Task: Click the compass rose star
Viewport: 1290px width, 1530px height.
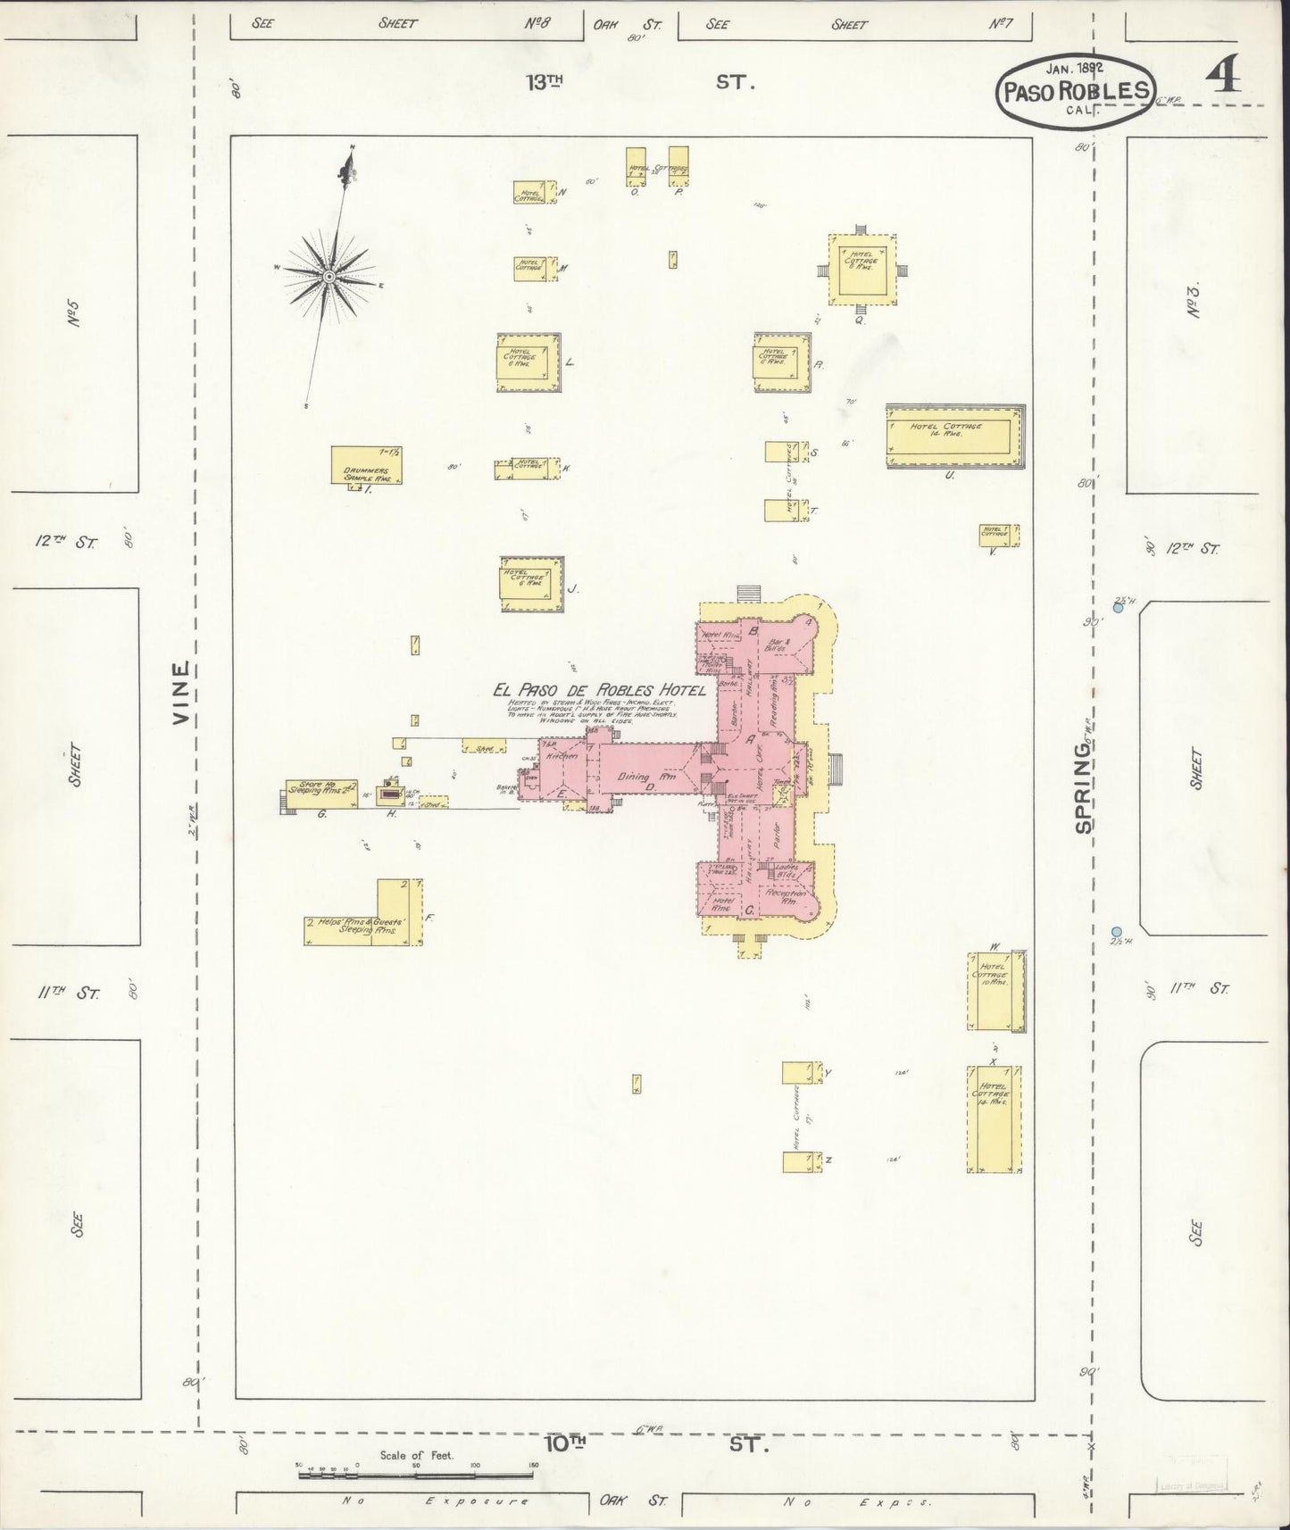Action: [329, 277]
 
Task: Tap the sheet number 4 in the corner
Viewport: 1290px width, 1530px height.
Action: [1226, 79]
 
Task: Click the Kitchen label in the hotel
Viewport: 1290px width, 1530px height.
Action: [563, 756]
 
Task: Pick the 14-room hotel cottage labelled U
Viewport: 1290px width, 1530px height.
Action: [953, 437]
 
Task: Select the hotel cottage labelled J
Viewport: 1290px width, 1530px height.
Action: [532, 584]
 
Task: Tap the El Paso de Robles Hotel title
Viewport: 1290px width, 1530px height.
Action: [599, 690]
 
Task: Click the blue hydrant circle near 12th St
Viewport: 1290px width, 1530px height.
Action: [1118, 608]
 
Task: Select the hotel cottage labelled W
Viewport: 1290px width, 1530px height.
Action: [995, 991]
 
